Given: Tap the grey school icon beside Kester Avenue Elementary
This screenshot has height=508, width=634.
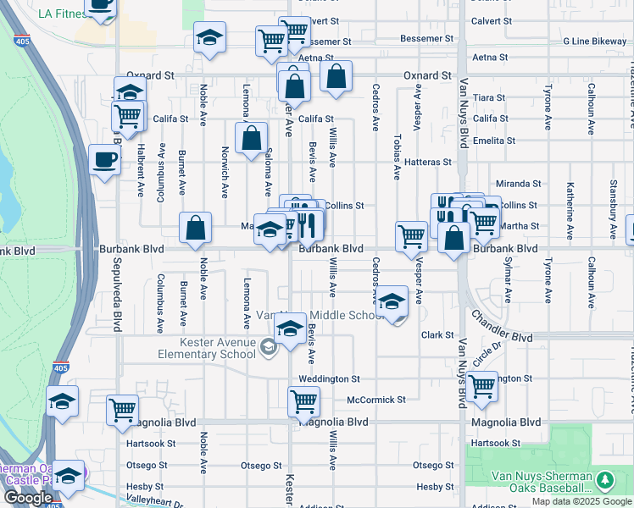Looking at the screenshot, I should point(269,347).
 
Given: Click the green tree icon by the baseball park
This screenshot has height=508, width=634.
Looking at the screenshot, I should point(604,482).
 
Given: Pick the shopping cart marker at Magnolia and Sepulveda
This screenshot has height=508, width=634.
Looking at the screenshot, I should point(123,410).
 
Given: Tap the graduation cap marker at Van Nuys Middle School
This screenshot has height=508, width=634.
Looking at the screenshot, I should point(392,302).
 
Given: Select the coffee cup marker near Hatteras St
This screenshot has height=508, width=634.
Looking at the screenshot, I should point(104,160).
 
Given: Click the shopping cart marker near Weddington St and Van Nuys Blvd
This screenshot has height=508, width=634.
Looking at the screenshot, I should point(481,386).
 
